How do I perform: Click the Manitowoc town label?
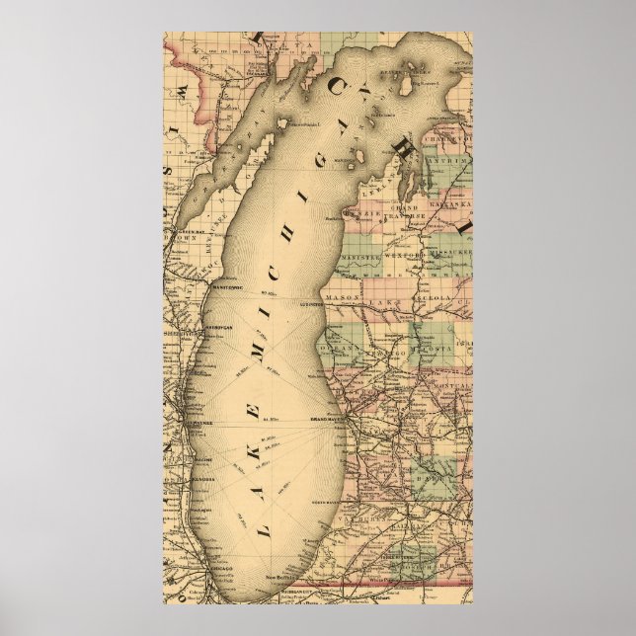(x=225, y=284)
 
